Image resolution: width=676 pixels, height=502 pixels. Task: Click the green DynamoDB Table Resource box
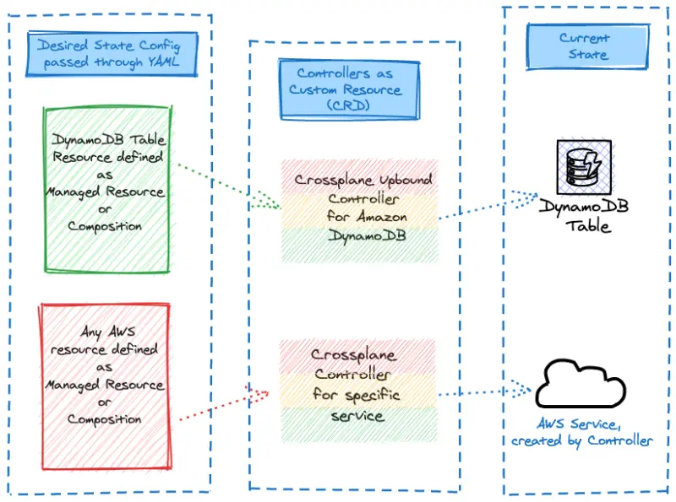[106, 190]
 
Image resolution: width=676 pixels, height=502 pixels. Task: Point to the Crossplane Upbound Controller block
[361, 211]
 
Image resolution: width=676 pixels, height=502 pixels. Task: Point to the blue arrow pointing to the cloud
[486, 392]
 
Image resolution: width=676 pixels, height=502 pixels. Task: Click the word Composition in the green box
[105, 226]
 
